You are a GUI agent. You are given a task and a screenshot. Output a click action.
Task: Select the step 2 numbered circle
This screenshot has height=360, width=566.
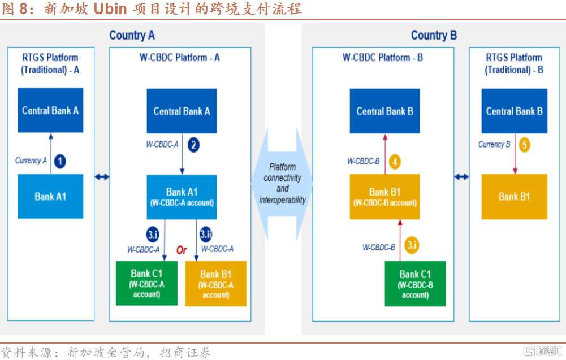tap(193, 145)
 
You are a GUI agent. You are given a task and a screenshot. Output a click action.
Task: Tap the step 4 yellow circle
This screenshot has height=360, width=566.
tap(395, 162)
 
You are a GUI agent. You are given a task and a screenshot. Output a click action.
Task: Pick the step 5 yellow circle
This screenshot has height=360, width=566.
tap(525, 145)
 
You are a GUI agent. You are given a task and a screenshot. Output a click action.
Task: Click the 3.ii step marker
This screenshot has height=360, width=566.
tap(205, 233)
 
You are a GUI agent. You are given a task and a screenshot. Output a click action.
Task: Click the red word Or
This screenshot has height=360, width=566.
tap(181, 250)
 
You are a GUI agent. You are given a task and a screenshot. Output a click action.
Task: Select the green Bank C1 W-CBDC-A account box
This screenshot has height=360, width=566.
tap(146, 283)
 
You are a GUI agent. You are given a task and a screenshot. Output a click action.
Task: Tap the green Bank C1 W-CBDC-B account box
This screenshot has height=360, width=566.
tap(416, 284)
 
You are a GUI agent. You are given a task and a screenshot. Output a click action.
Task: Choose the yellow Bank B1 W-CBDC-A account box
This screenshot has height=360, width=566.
tap(216, 284)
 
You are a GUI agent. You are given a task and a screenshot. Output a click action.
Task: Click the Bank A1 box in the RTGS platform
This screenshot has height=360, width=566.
tap(50, 197)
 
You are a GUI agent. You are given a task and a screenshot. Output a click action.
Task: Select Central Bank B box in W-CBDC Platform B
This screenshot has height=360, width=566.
tap(384, 111)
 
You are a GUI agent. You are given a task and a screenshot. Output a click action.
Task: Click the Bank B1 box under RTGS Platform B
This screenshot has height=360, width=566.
tap(514, 197)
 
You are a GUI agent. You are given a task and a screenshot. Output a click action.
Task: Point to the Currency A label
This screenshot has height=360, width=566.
tap(31, 161)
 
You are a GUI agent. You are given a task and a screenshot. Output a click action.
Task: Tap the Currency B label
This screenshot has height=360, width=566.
tap(494, 144)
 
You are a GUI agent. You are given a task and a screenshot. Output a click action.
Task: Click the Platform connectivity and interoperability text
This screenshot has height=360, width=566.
tap(283, 183)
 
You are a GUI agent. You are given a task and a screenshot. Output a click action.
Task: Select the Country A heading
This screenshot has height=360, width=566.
tap(132, 35)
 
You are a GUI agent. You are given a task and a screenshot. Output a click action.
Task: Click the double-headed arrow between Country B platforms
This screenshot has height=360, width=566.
tap(461, 177)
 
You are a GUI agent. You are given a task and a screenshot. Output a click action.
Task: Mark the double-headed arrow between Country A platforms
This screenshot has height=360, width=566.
tap(102, 177)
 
